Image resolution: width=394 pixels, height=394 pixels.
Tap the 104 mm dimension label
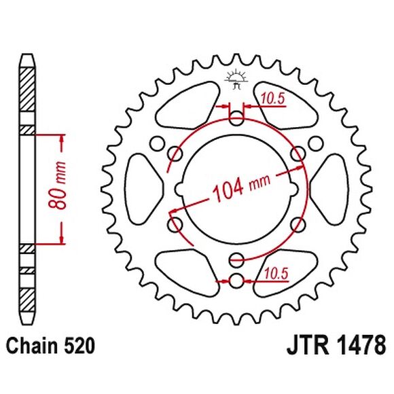[x=238, y=187]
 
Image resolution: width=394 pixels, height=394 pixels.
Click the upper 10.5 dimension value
[x=271, y=99]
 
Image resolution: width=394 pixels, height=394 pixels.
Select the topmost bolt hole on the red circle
[x=236, y=120]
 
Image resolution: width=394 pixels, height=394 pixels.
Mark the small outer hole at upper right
[x=316, y=143]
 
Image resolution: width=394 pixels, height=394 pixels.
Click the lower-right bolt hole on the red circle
[x=297, y=223]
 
